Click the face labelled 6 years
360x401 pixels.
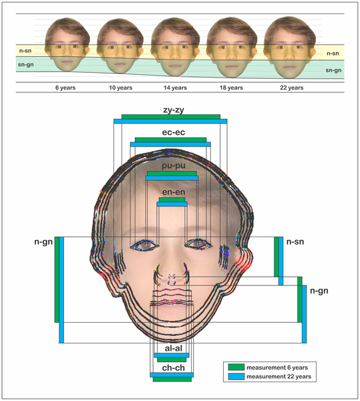[67, 45]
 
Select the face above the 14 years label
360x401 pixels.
[175, 47]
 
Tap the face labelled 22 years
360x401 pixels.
[289, 47]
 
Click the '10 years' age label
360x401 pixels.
[121, 88]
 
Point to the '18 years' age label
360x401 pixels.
[231, 88]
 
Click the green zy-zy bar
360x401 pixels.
[171, 117]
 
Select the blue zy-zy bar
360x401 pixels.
[170, 122]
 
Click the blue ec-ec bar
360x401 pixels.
[170, 144]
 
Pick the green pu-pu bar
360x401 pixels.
[172, 174]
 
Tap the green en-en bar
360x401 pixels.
[172, 200]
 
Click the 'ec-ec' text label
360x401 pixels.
[174, 132]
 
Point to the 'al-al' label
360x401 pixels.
[174, 348]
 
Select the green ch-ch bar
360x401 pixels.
[172, 380]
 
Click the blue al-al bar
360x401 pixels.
[172, 356]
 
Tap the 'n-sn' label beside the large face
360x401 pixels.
[295, 242]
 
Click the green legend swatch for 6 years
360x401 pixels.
[236, 367]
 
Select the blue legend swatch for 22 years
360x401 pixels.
[236, 376]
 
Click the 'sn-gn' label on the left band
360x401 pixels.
[25, 65]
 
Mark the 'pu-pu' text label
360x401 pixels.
[174, 166]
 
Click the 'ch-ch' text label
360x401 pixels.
[174, 368]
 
